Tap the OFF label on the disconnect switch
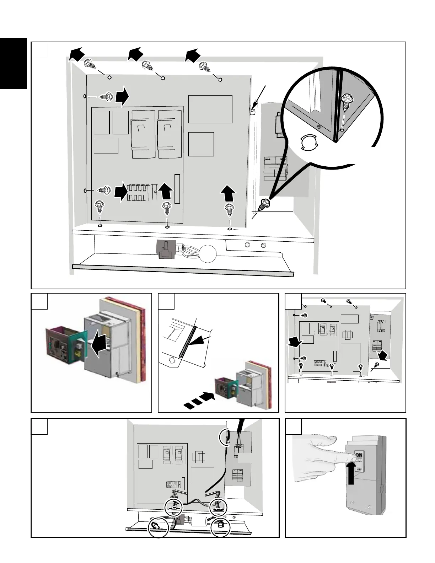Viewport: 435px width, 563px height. point(359,469)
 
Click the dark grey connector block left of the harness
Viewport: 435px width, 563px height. point(165,248)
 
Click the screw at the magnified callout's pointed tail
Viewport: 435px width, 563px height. point(265,204)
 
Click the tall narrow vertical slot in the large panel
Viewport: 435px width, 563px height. point(177,189)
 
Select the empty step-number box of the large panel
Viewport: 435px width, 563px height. point(39,50)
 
